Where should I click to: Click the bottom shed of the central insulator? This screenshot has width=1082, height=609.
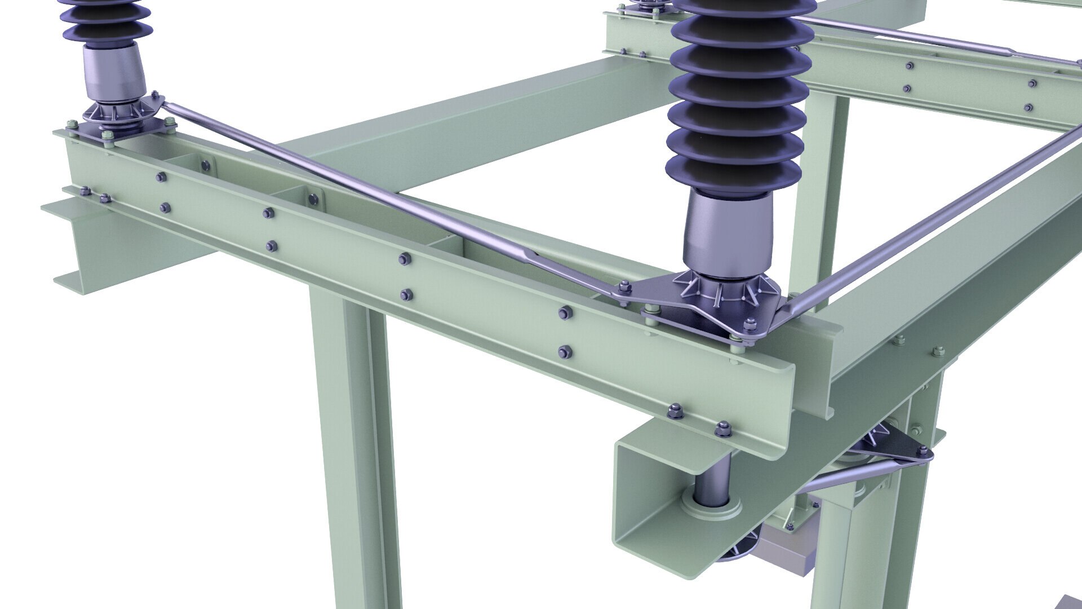[733, 169]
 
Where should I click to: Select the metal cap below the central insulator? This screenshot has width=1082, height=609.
[730, 234]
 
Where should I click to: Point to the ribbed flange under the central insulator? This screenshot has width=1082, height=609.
[727, 293]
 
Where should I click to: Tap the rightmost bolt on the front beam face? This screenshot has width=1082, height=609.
[723, 430]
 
